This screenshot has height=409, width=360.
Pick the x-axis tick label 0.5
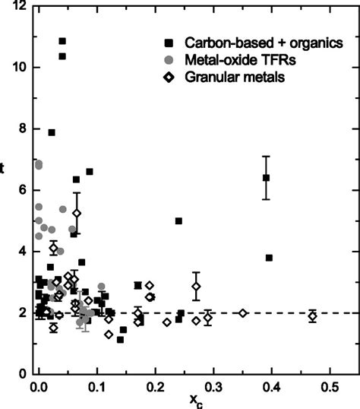click(329, 387)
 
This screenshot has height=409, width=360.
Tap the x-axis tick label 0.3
click(213, 387)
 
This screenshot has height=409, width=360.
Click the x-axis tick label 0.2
click(154, 387)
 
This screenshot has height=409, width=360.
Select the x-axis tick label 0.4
click(271, 387)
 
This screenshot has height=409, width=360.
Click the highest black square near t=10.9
click(62, 41)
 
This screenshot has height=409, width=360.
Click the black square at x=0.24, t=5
click(178, 220)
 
